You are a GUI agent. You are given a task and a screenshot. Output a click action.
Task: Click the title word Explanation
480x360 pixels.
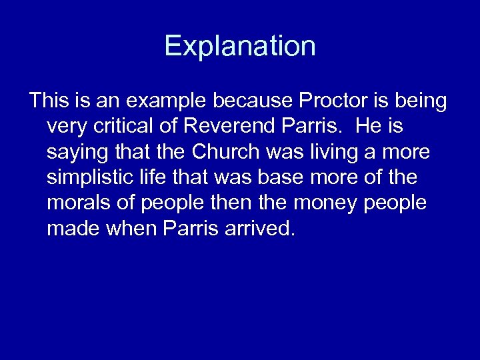[240, 46]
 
